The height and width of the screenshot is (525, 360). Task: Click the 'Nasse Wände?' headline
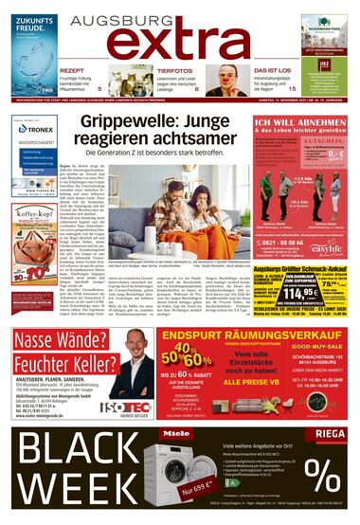(58, 338)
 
